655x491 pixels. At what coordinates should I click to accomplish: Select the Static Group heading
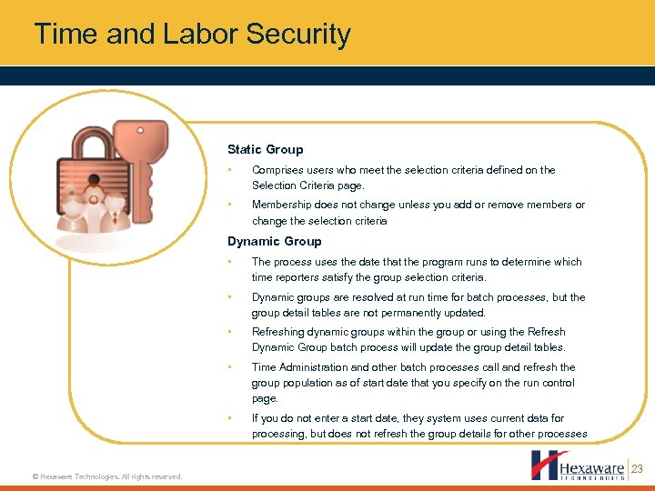coord(265,149)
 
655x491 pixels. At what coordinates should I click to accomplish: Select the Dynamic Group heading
coord(274,241)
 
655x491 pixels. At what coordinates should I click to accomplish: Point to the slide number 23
coord(637,469)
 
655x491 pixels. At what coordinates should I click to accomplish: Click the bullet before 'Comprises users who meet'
coord(231,170)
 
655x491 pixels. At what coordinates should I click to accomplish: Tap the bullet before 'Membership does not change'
coord(231,205)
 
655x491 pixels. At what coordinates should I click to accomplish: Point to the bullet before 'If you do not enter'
coord(231,418)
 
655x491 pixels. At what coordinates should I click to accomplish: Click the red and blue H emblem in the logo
coord(548,465)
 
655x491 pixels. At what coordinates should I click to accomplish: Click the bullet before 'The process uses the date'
coord(231,262)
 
